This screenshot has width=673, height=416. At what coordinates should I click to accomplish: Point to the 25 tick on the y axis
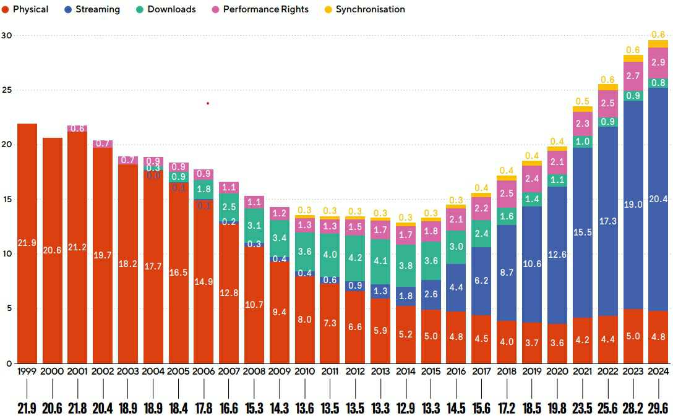point(6,90)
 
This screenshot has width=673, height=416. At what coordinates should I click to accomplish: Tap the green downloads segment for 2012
point(356,258)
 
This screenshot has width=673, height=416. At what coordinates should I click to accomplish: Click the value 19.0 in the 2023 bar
point(633,205)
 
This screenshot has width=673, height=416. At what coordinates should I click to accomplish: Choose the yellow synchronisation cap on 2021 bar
point(583,109)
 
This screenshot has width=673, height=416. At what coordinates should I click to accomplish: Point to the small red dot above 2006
point(208,103)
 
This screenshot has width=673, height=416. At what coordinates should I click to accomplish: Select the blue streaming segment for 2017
point(482,281)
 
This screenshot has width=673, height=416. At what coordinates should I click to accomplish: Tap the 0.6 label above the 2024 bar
point(658,35)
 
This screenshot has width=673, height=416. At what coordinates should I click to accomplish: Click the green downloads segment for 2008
point(254,226)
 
